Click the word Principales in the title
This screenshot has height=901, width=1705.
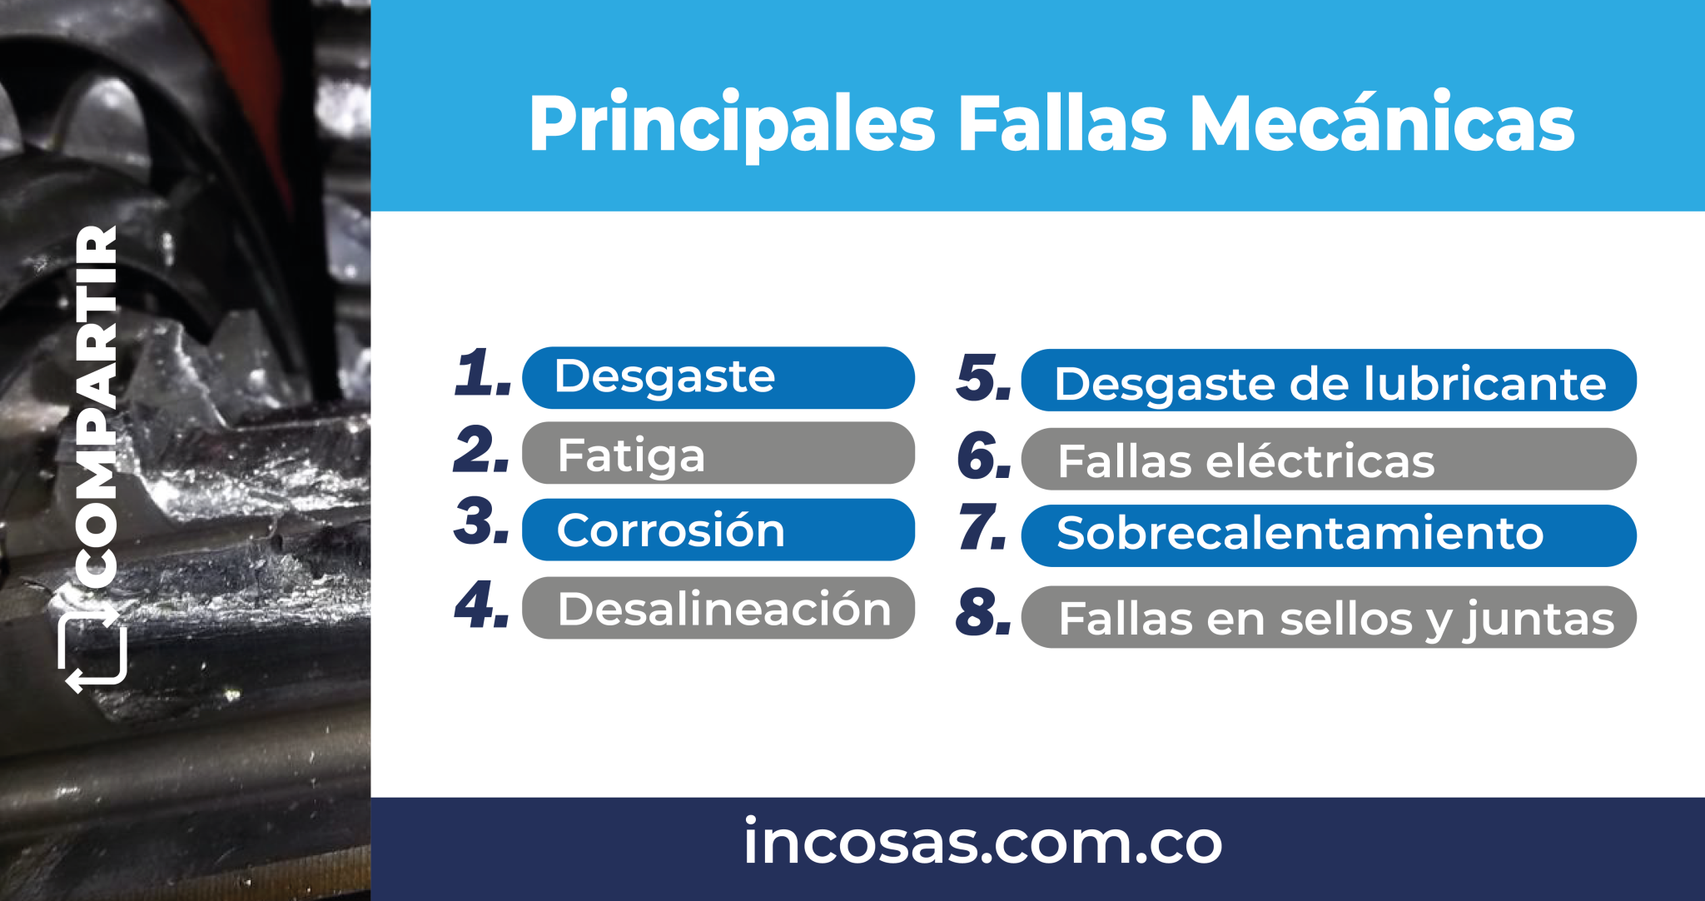(x=731, y=125)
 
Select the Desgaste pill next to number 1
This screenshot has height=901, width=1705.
(x=718, y=377)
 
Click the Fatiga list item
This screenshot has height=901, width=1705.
(x=718, y=454)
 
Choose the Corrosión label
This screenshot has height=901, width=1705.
(x=718, y=530)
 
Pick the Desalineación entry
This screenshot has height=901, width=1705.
(x=718, y=608)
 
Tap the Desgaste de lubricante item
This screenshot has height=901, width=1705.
(x=1329, y=381)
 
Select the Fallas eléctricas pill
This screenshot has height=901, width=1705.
(x=1329, y=460)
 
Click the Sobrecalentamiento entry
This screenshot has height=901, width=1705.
(x=1329, y=535)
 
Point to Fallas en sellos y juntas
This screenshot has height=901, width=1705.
(x=1329, y=617)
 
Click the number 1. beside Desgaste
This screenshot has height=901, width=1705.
(x=482, y=372)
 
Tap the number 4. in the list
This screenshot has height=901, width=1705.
(x=482, y=605)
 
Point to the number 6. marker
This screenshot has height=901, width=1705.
(x=983, y=456)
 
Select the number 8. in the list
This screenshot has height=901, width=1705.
(x=983, y=613)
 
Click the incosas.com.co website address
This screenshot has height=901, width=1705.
(x=982, y=843)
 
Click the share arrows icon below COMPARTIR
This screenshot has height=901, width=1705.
(x=93, y=650)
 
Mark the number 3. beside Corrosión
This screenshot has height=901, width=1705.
(x=482, y=523)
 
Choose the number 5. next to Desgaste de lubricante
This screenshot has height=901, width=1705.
(x=983, y=378)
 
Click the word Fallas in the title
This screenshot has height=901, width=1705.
(x=1062, y=125)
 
